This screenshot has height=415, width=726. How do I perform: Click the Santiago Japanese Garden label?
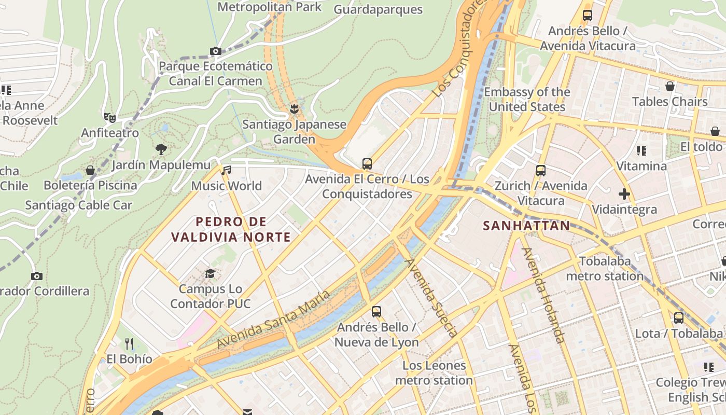coord(294,132)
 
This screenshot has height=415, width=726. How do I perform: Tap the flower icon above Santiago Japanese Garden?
coord(295,108)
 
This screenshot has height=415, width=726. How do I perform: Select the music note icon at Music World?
coord(226,170)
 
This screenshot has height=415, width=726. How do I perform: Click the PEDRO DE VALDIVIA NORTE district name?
coord(231,229)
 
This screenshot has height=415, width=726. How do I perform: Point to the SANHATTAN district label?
coord(526,226)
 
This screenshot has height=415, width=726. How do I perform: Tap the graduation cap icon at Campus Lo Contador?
coord(210,273)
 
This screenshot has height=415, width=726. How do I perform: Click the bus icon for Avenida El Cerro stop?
coord(367,164)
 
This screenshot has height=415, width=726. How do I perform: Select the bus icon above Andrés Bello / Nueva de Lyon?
coord(376,312)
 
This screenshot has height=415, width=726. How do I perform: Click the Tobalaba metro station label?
coord(605,268)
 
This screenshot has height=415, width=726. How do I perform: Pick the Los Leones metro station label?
coord(434,373)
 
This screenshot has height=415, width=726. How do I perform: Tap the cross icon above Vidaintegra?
coord(624,195)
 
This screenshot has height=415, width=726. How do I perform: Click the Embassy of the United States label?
coord(527,99)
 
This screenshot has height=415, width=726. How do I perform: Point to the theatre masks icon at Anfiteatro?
coord(109,118)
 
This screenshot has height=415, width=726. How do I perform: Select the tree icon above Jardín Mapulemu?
coord(161,149)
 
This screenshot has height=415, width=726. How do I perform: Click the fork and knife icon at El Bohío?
coord(130,343)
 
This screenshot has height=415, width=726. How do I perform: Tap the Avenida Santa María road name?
coord(273,320)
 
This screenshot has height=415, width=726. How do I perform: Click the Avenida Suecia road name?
coord(431,298)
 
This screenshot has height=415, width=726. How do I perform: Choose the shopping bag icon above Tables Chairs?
coord(670,86)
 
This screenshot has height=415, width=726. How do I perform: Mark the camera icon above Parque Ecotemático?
coord(216,51)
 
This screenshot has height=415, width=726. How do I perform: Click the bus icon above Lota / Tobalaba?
coord(679,317)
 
